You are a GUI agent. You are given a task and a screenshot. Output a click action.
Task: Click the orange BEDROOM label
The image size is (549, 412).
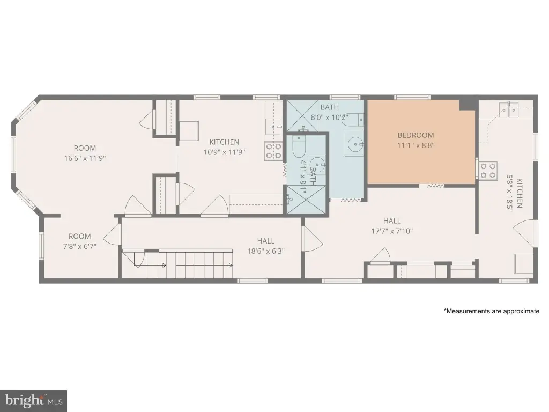(x=416, y=135)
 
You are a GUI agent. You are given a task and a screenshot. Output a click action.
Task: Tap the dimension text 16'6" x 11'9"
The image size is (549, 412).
(x=85, y=158)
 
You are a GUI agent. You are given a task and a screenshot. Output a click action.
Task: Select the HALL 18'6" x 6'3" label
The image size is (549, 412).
(x=266, y=246)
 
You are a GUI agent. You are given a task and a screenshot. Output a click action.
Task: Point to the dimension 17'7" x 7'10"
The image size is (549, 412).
(x=392, y=231)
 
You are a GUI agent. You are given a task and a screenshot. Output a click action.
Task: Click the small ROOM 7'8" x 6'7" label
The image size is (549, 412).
(x=79, y=241)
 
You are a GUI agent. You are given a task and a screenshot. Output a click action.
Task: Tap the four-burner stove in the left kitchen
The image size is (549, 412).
(x=273, y=151)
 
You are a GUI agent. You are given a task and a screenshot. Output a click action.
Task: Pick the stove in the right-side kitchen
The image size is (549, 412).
(x=488, y=170)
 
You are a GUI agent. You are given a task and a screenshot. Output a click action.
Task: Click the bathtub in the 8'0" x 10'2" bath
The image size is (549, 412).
(x=353, y=120)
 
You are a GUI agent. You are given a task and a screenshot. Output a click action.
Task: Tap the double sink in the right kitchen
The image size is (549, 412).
(x=510, y=109)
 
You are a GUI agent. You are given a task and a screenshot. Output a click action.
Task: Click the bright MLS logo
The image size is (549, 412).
(x=34, y=400)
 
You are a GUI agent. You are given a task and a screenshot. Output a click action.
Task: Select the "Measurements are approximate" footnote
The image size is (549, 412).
(x=492, y=311)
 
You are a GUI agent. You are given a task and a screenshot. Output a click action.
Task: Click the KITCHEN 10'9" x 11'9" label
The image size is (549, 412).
(x=225, y=147)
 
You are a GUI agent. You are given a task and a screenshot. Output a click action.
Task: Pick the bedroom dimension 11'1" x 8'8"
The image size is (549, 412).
(x=416, y=145)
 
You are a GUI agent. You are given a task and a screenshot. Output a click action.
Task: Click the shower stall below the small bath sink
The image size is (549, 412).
(x=307, y=199)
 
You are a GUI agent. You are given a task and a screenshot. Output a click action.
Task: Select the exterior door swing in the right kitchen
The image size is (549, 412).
(x=524, y=233)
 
